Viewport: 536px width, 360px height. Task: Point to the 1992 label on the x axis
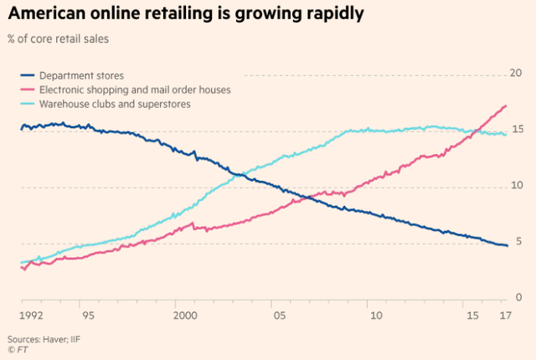(33, 316)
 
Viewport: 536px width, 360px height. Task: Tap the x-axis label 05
(279, 316)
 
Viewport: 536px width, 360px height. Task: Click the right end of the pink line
(506, 105)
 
